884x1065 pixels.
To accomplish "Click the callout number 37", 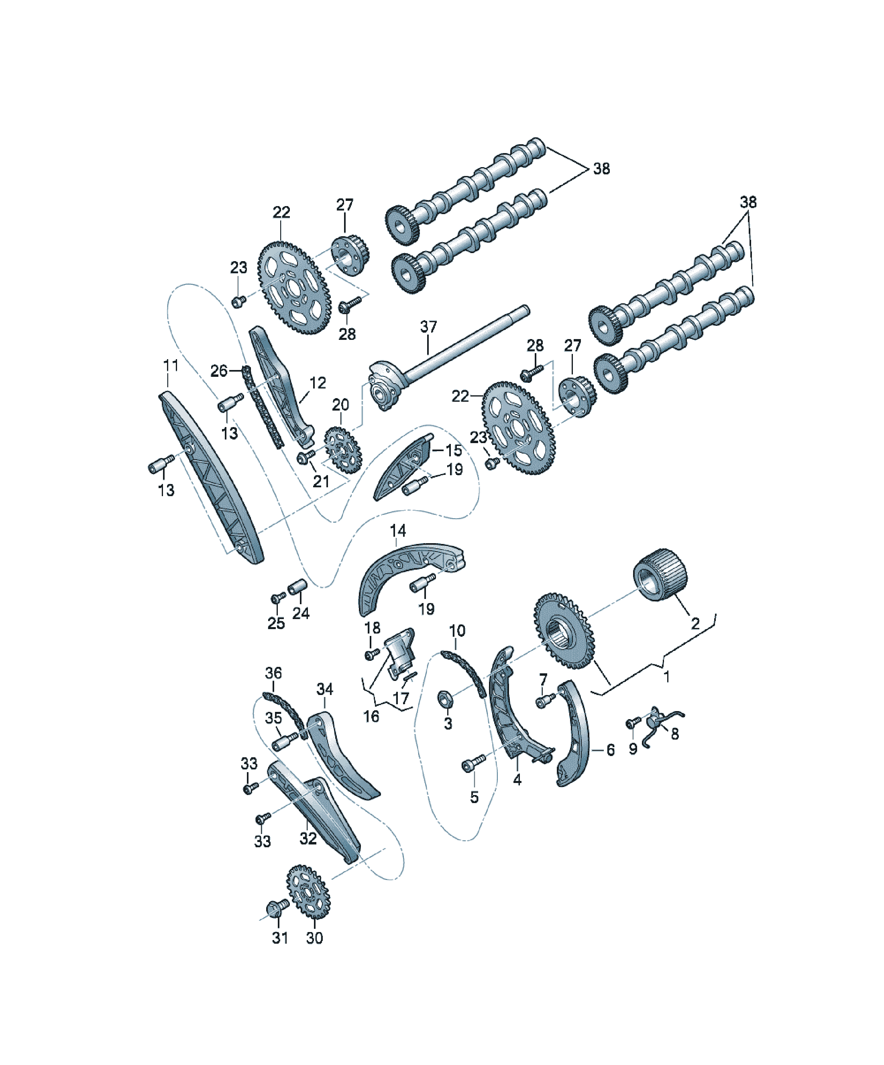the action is click(428, 327).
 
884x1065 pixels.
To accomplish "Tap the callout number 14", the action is click(398, 531).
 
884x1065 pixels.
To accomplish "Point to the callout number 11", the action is click(171, 365).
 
